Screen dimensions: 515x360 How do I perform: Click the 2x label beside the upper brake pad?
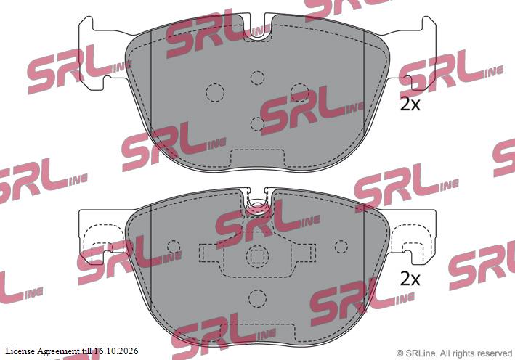tap(410, 105)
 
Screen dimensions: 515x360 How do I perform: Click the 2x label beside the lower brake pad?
tap(410, 279)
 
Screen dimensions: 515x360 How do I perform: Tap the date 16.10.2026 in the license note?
tap(116, 351)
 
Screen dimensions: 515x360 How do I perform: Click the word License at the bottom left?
tap(20, 351)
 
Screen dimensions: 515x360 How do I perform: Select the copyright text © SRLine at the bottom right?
tap(416, 353)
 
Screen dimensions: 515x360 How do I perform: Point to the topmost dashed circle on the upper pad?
tap(257, 78)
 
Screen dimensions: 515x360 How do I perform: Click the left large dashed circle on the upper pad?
tap(215, 92)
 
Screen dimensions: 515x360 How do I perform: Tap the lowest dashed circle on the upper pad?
tap(257, 123)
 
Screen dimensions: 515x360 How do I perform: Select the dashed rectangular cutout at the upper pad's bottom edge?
tap(257, 157)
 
